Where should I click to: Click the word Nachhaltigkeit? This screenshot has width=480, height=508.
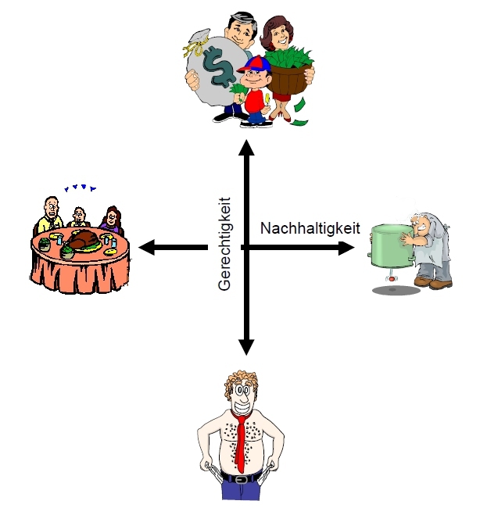point(310,228)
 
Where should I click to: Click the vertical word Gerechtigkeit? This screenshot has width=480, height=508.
point(226,244)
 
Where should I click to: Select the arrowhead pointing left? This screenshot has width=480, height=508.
point(146,249)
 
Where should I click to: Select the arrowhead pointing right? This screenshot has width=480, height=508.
point(349,249)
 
